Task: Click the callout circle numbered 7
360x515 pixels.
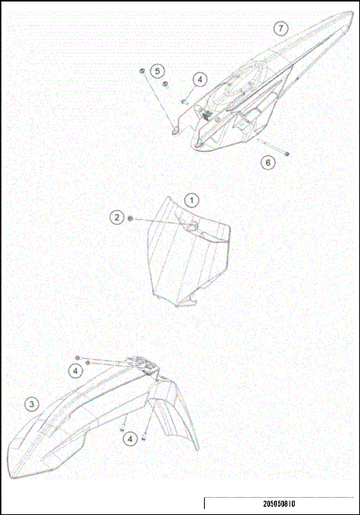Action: point(280,28)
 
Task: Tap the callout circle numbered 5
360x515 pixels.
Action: point(157,70)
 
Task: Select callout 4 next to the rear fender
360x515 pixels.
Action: point(199,79)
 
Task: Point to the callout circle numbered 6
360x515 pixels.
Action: point(268,162)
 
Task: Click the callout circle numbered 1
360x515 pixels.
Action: point(193,200)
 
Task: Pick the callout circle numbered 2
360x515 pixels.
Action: point(117,217)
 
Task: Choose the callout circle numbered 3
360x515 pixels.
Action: point(31,404)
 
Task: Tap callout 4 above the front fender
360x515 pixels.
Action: point(76,370)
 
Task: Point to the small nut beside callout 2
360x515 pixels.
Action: point(131,218)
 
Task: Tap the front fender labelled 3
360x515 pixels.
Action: point(82,427)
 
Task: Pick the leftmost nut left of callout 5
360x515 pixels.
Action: point(141,71)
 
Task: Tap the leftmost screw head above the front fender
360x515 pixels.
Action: point(78,358)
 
